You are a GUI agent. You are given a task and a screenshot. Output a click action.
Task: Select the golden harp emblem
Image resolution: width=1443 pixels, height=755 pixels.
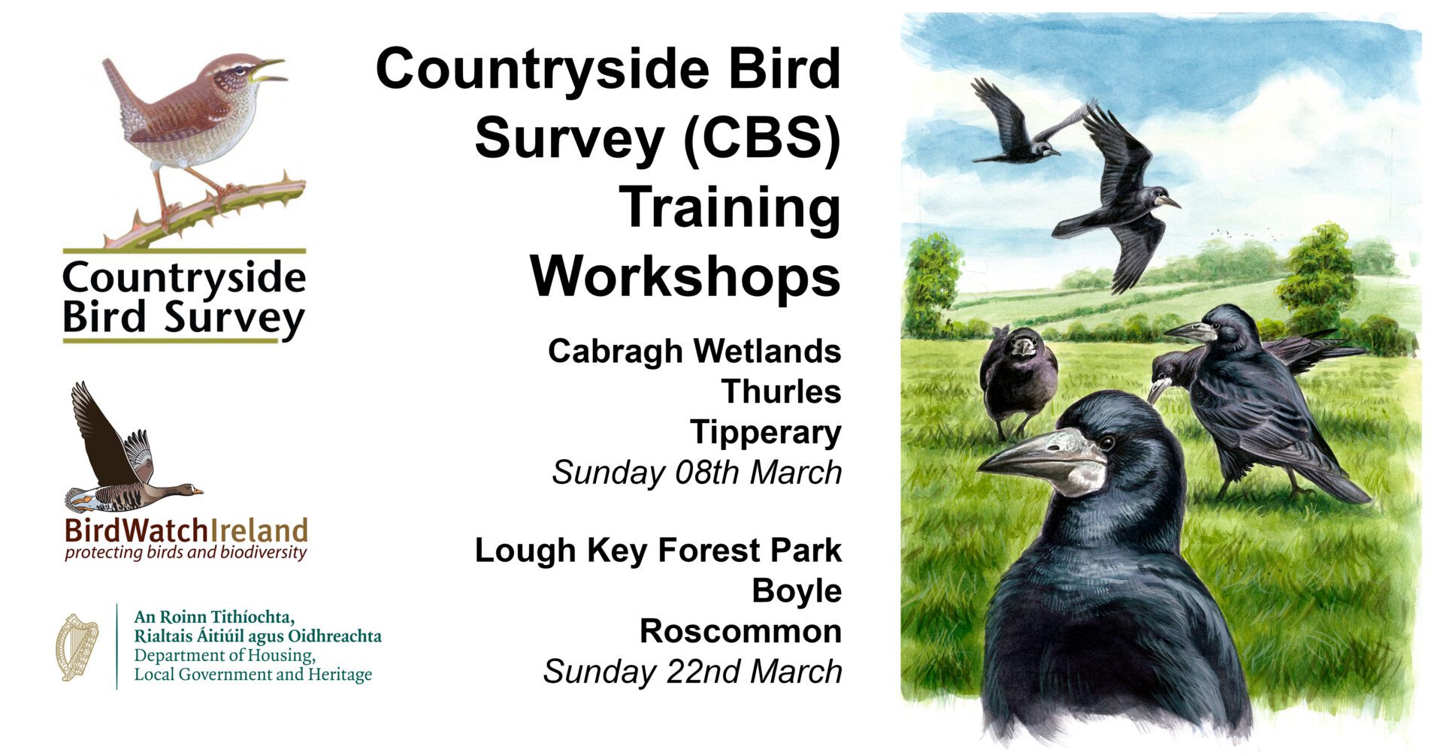77,647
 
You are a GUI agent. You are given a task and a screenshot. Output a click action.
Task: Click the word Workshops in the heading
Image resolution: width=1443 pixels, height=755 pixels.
685,276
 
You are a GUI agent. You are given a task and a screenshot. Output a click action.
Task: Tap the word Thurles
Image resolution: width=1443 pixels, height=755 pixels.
781,391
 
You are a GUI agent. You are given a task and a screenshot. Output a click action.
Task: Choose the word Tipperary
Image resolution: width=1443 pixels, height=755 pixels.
766,433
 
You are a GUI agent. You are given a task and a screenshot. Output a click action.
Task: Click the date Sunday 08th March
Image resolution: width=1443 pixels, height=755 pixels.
697,473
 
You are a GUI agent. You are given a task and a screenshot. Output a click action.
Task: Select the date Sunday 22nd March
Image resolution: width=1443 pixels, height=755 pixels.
692,672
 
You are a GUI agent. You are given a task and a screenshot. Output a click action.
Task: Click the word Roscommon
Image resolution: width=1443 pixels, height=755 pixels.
740,631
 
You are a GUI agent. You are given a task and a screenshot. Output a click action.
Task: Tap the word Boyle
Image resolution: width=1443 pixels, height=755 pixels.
797,592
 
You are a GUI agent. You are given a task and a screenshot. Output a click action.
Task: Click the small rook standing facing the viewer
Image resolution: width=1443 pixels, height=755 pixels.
1018,379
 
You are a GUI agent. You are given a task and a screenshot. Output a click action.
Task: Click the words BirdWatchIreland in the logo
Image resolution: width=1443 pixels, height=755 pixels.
186,531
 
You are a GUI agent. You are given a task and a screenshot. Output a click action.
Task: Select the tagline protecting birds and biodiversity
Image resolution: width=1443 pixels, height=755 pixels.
186,554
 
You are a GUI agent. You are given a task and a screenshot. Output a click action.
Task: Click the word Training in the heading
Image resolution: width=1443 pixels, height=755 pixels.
730,208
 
